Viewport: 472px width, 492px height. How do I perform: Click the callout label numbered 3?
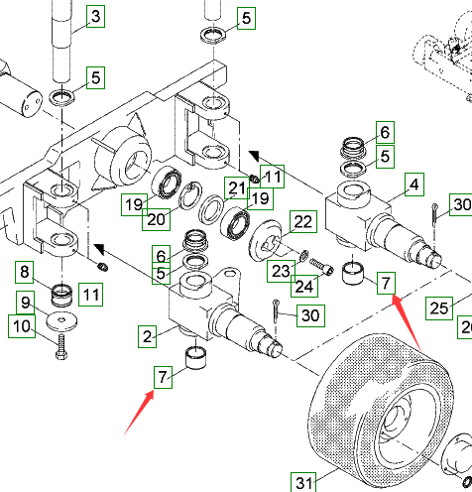tap(95, 16)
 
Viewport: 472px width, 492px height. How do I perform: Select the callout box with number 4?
tap(414, 184)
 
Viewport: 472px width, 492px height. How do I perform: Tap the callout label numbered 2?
tap(148, 336)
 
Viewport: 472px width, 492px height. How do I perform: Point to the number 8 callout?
tap(25, 272)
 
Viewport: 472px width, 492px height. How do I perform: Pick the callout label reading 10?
tap(22, 326)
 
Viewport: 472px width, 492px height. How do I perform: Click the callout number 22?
tap(303, 221)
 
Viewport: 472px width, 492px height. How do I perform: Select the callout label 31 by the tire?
tap(303, 482)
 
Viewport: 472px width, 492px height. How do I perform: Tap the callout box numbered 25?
tap(439, 308)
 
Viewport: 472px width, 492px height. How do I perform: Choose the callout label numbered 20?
tap(156, 219)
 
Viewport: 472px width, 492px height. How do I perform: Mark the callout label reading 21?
tap(237, 188)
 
